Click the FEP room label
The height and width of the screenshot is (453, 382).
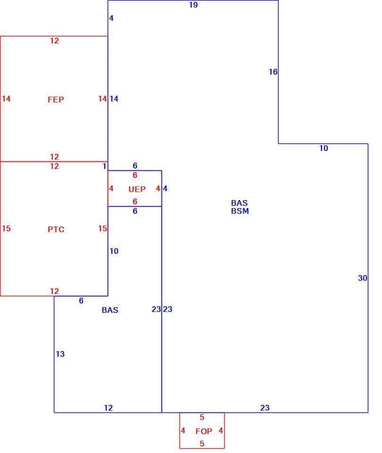56,100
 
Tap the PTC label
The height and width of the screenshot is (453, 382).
56,229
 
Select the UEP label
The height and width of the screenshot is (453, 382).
137,189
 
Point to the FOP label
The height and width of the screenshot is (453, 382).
204,431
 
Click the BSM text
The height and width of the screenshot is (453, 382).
240,211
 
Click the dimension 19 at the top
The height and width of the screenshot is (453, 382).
194,5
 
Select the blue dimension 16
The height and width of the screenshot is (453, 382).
273,72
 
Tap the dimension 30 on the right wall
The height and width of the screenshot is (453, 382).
363,278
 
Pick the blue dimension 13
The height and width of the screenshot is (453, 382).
60,354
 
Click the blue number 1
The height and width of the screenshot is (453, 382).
105,166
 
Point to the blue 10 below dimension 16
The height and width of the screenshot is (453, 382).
323,148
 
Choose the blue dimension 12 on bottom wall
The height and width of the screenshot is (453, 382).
108,408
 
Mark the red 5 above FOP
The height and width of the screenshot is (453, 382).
202,417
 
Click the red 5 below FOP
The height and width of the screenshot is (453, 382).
202,444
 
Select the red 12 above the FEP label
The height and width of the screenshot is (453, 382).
54,41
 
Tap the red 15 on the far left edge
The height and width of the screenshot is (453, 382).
6,228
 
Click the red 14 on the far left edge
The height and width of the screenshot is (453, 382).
6,99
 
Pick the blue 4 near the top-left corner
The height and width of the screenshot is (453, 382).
111,18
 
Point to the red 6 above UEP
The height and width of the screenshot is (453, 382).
135,176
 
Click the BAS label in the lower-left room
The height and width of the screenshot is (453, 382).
110,310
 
